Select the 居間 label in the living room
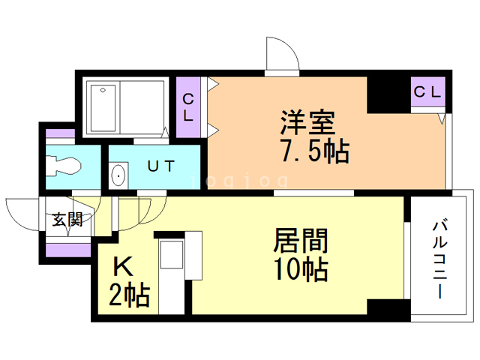(299, 241)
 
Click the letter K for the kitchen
(123, 268)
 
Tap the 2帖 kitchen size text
(130, 295)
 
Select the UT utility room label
(163, 167)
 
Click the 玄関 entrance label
(67, 220)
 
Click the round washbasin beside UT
(118, 176)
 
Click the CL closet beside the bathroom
(189, 108)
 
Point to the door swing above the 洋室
(281, 56)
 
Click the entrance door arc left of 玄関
(22, 214)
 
